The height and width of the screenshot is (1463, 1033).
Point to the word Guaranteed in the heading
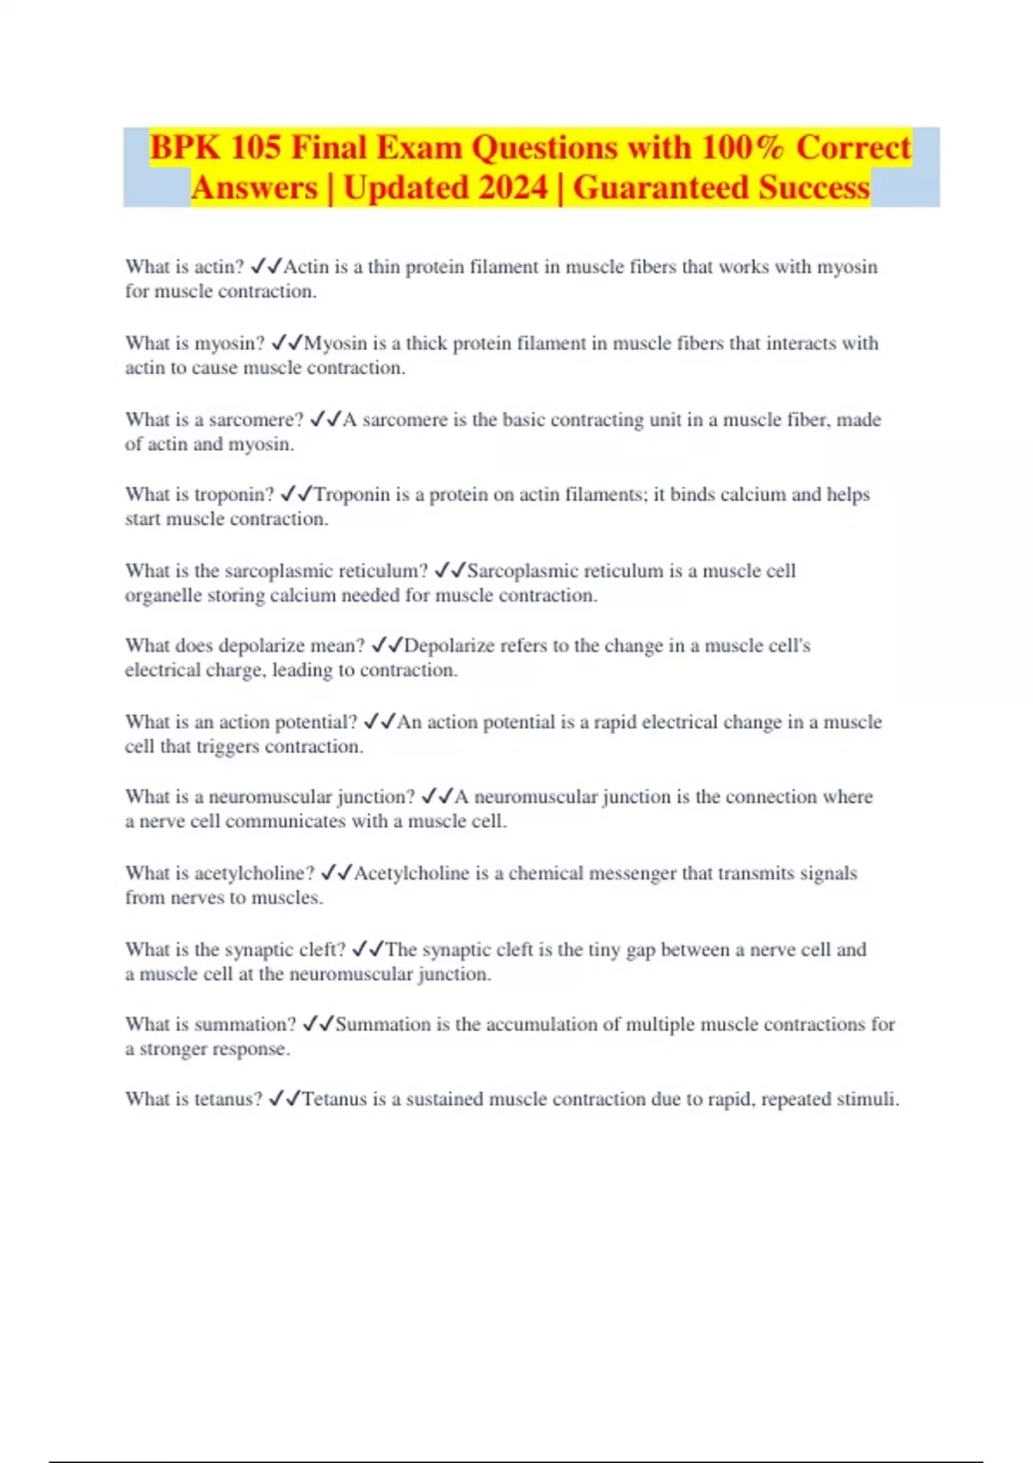coord(660,188)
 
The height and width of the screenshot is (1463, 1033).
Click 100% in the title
coord(743,148)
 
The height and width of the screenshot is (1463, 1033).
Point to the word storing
coord(236,596)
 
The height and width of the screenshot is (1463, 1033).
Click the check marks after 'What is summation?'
coord(319,1025)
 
